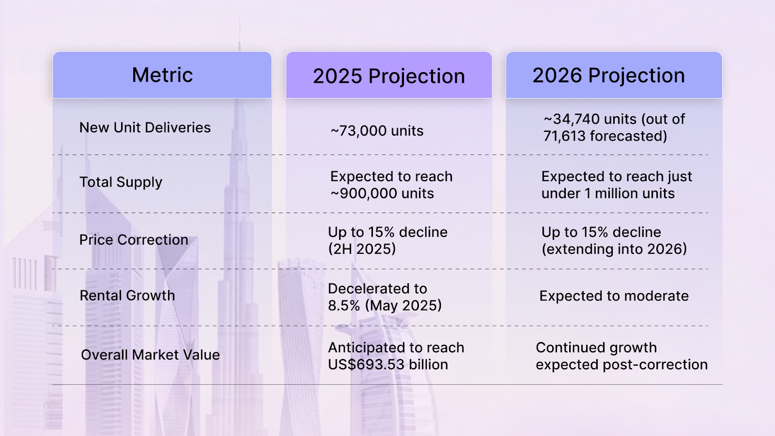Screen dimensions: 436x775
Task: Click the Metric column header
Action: (162, 75)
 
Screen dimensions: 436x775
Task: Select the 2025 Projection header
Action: (389, 76)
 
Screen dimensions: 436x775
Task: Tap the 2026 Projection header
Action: (609, 76)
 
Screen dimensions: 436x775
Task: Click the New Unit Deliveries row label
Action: (145, 127)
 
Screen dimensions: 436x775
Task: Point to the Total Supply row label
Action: (121, 182)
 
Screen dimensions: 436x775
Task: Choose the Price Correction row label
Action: (134, 240)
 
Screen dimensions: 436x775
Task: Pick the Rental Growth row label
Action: (127, 296)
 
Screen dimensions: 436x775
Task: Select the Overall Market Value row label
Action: (150, 355)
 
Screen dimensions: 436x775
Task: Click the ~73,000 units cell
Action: (377, 131)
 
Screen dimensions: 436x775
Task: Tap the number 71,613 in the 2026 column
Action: (564, 136)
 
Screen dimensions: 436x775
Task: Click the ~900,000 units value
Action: (382, 193)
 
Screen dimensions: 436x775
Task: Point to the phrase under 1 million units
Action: (608, 193)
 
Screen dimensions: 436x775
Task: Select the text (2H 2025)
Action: (362, 249)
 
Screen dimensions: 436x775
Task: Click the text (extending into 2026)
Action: (614, 249)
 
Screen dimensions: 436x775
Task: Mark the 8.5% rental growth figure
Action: (344, 306)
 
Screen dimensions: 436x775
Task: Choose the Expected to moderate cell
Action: (614, 296)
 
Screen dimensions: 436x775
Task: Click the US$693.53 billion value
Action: (387, 364)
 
